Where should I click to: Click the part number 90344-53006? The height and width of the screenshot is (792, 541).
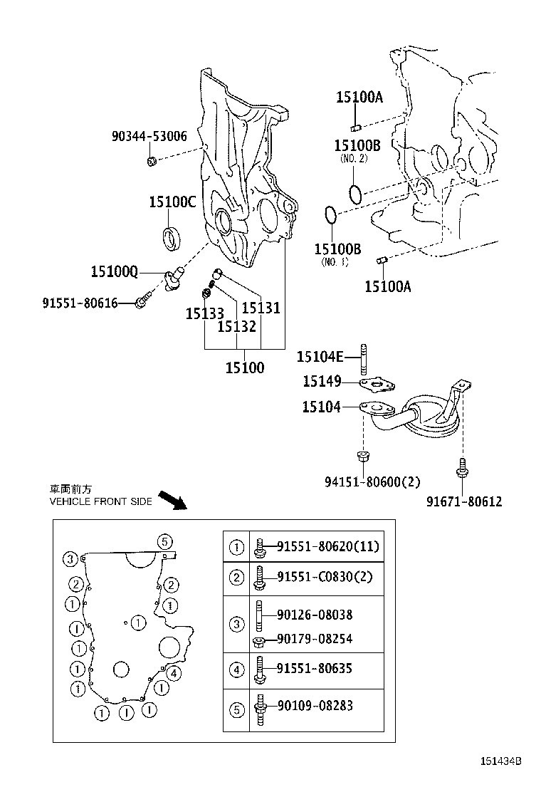(x=149, y=135)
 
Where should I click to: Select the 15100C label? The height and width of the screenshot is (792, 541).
(x=172, y=202)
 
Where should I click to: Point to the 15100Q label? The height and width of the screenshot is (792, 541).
(x=114, y=271)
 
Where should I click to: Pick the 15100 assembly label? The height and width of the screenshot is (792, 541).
(x=244, y=368)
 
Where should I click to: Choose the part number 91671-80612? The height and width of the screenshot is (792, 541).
(x=464, y=501)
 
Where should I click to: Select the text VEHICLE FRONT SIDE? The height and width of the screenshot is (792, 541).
(x=100, y=501)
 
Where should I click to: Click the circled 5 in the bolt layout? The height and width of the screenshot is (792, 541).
(x=163, y=541)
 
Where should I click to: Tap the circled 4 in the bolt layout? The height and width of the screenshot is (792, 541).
(x=173, y=673)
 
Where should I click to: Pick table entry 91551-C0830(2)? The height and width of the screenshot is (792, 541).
(x=324, y=576)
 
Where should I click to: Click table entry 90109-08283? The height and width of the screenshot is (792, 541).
(x=314, y=706)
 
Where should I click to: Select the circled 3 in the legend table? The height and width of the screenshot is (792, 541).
(x=236, y=625)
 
